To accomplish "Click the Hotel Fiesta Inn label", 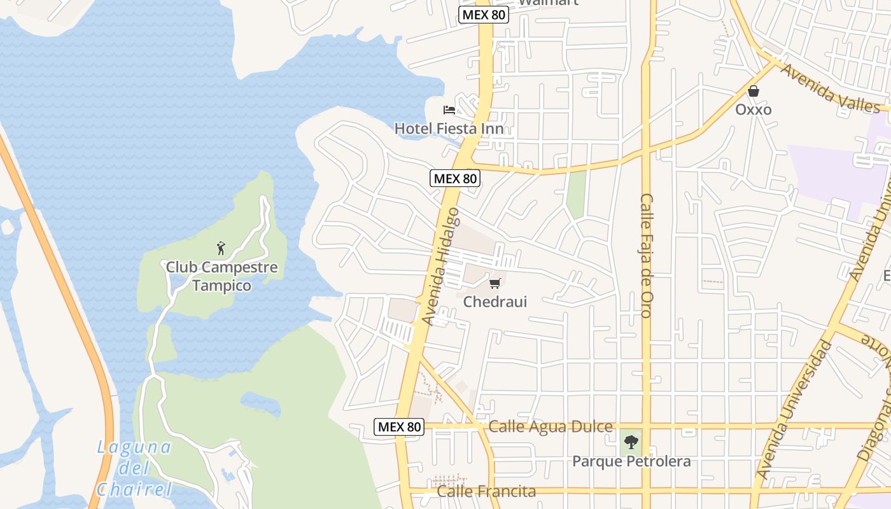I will click(449, 129).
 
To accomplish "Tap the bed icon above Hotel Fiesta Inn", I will click(449, 109).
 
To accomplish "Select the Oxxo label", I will click(754, 109).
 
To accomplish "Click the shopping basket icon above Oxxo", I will click(754, 91).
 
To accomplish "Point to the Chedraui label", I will click(495, 302).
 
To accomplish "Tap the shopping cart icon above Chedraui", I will click(495, 283).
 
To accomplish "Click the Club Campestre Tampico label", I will click(221, 276).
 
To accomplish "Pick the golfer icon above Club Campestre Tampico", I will click(221, 248).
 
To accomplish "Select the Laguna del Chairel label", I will click(134, 468).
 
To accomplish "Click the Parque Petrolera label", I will click(631, 461).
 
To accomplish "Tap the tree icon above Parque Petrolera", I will click(631, 442).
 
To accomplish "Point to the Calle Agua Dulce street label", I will click(551, 426).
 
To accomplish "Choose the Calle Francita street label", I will click(487, 491).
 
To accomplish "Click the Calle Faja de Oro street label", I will click(646, 255).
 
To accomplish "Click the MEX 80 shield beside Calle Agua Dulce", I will click(399, 427).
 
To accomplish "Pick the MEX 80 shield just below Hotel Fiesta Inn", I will click(455, 178).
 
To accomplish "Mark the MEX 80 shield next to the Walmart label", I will click(484, 15).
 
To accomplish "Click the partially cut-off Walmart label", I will click(548, 3).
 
